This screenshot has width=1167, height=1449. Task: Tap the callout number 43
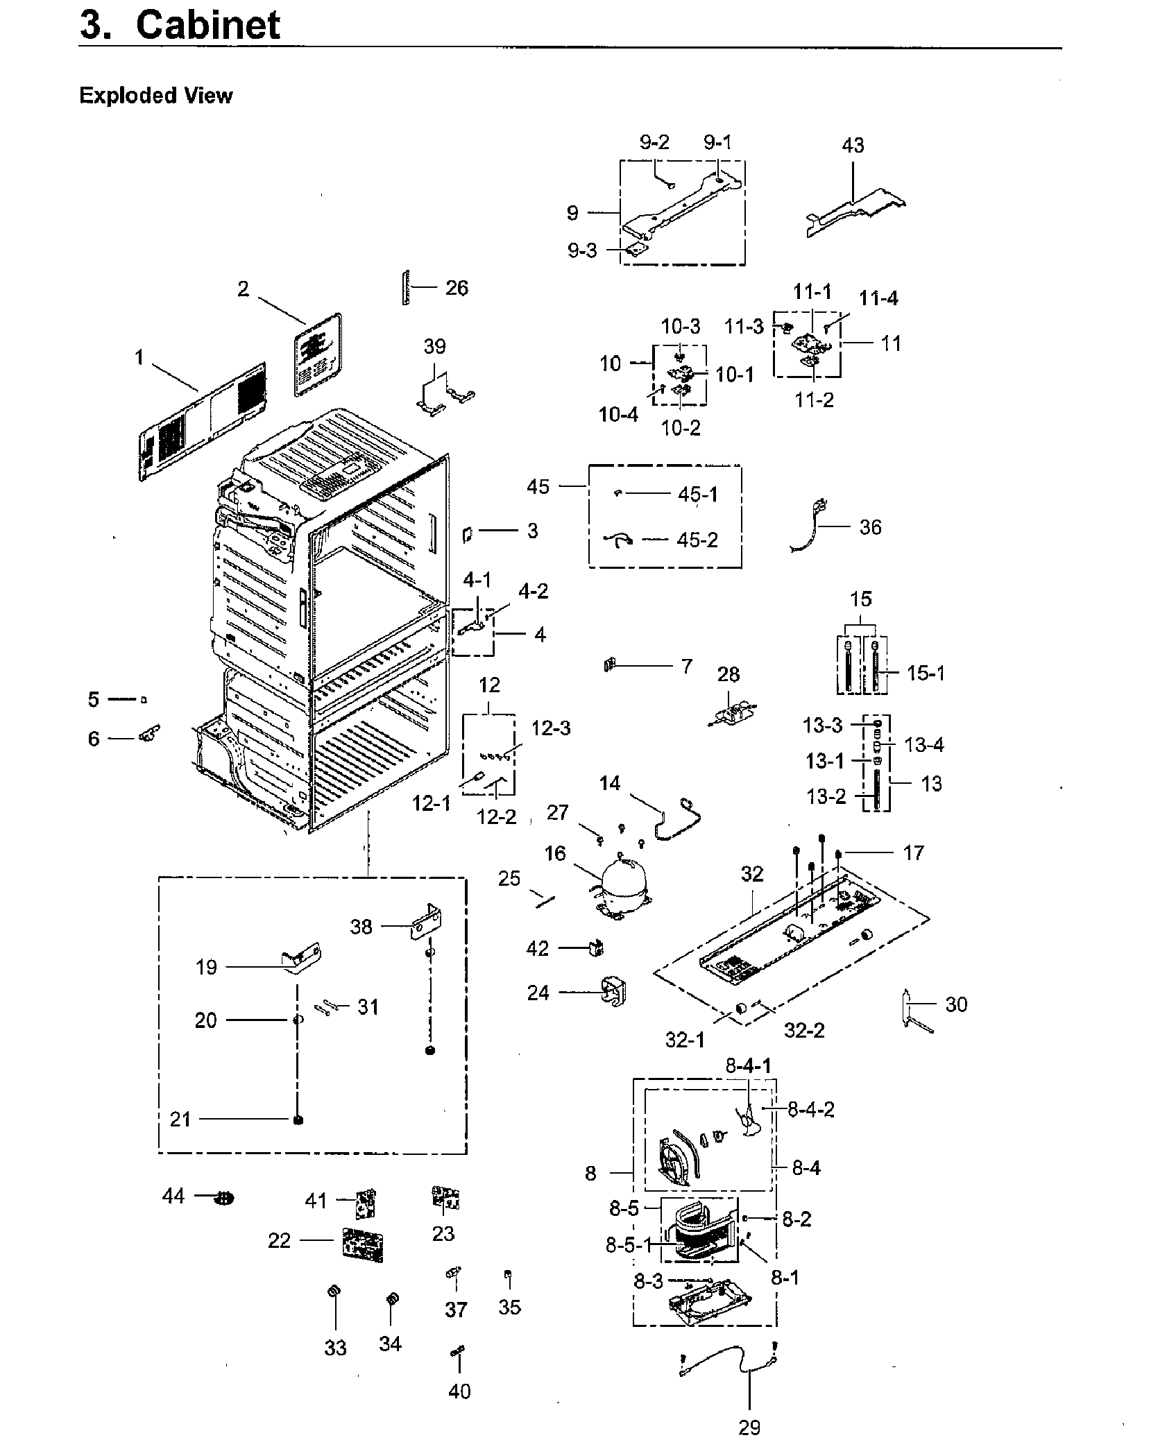(853, 146)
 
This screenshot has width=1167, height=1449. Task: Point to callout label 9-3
(582, 250)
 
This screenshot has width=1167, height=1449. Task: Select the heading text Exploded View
(155, 95)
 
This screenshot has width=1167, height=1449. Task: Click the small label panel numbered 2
(318, 354)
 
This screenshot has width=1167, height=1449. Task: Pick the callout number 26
(457, 288)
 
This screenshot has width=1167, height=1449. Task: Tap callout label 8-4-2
(810, 1110)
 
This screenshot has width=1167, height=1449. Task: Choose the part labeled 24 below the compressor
(611, 993)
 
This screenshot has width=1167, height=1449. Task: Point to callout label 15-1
(926, 673)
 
